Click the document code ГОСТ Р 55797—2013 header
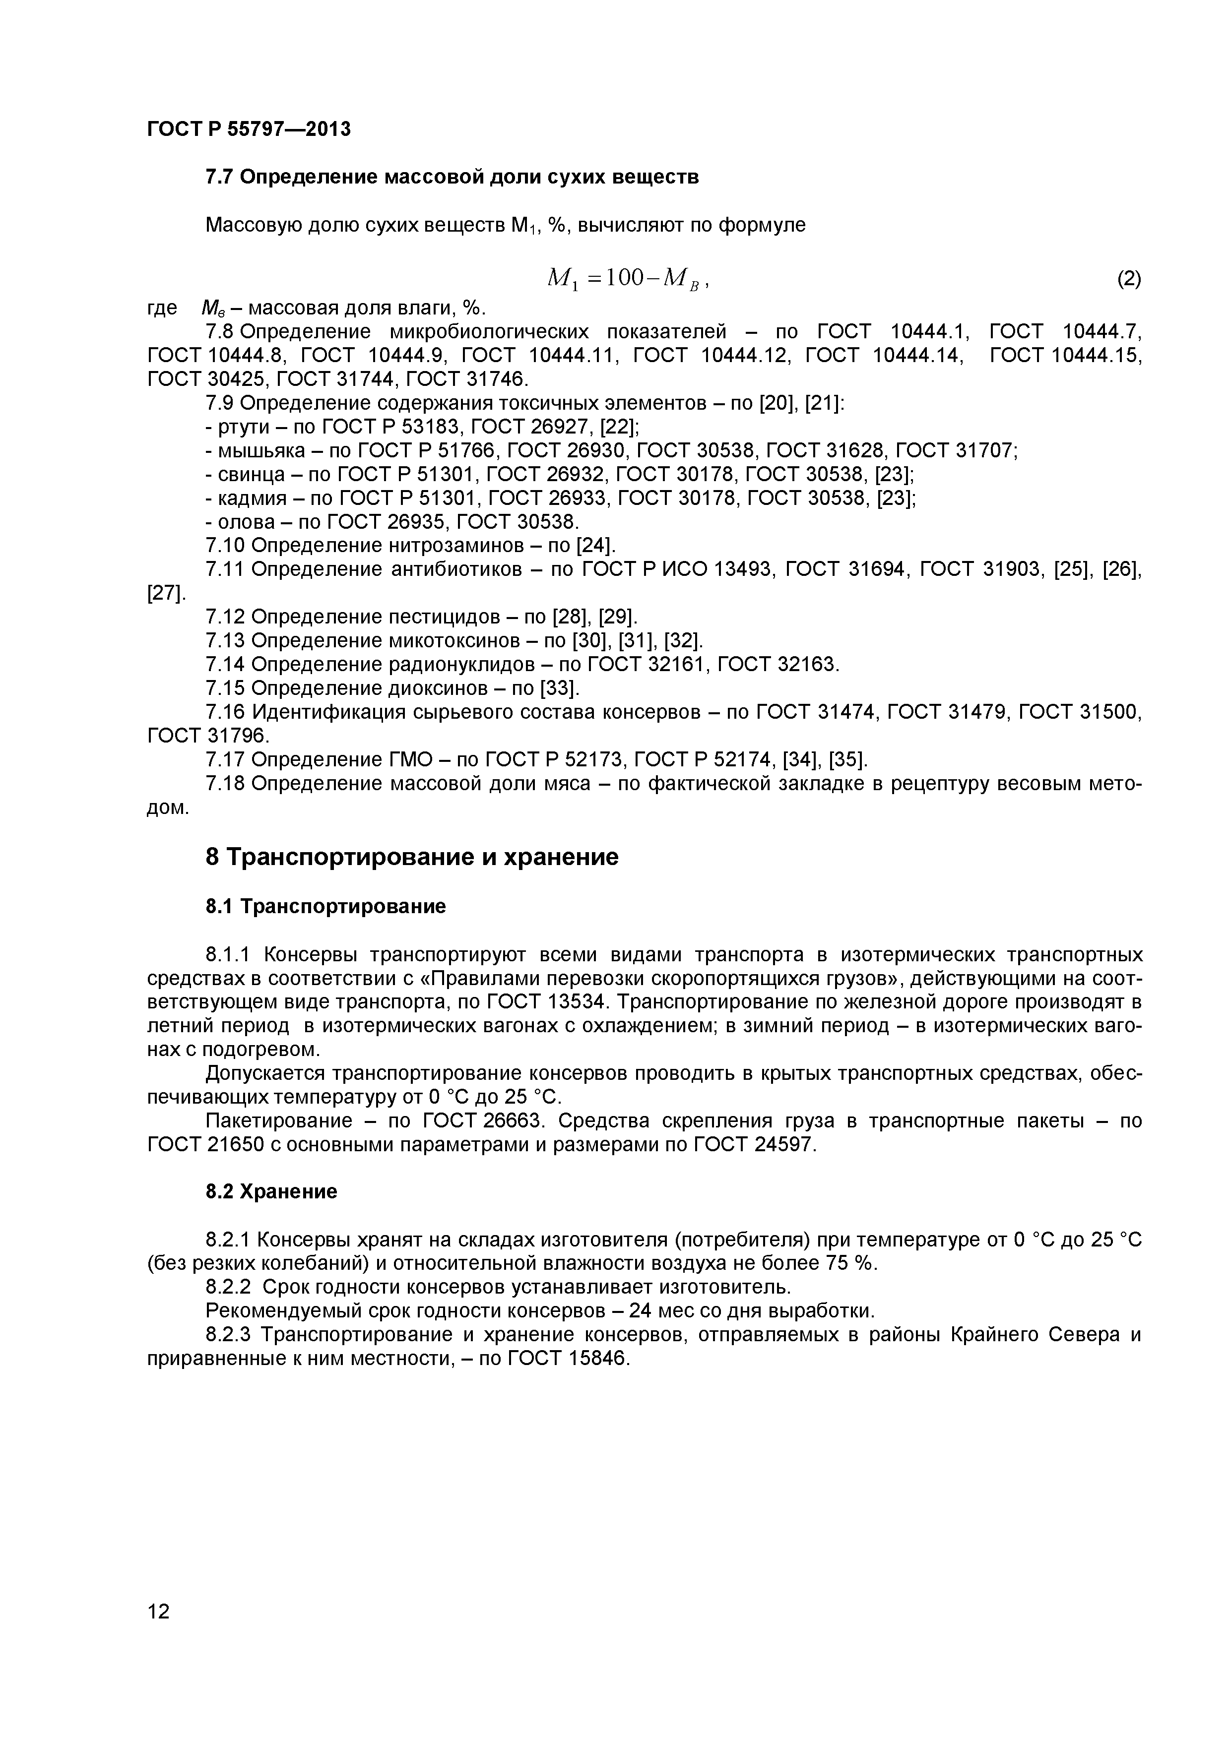[x=249, y=129]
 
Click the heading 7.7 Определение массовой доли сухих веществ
[x=452, y=178]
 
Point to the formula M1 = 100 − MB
[x=626, y=280]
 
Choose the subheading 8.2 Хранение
[x=271, y=1192]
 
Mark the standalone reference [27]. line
[x=165, y=593]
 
